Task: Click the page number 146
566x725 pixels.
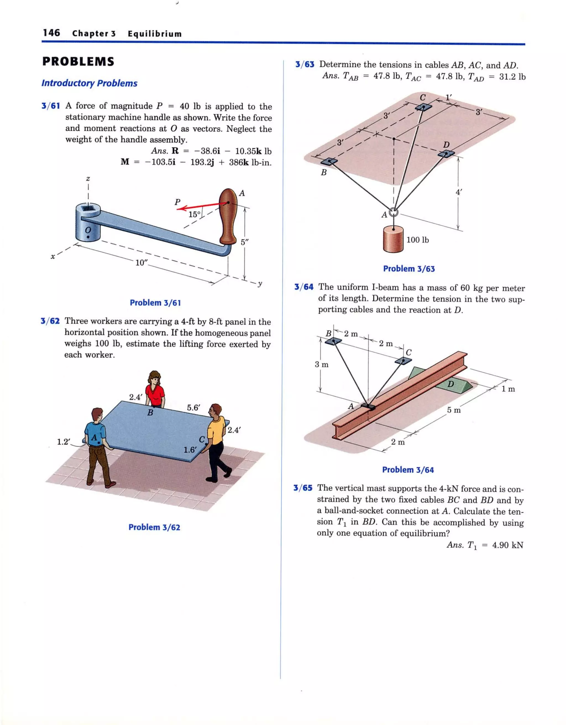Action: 51,33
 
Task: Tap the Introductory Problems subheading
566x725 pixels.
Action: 89,83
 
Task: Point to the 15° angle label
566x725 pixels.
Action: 195,214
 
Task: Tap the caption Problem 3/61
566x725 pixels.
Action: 155,302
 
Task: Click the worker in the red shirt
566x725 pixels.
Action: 155,390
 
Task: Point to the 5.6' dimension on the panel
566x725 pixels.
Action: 193,408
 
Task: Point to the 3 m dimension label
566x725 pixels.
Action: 321,365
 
